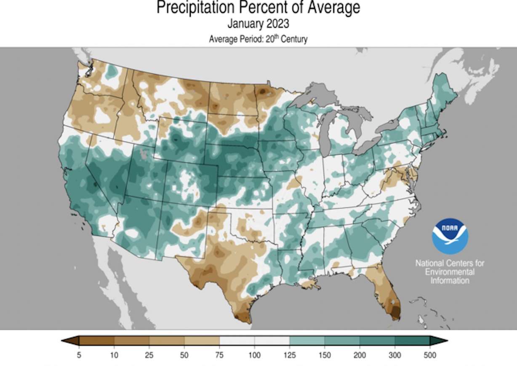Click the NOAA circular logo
tap(450, 236)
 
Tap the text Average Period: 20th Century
tap(258, 39)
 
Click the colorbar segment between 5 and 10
tap(96, 341)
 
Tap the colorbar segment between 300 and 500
tap(412, 341)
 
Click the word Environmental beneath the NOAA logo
tap(450, 272)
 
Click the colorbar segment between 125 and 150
tap(307, 341)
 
